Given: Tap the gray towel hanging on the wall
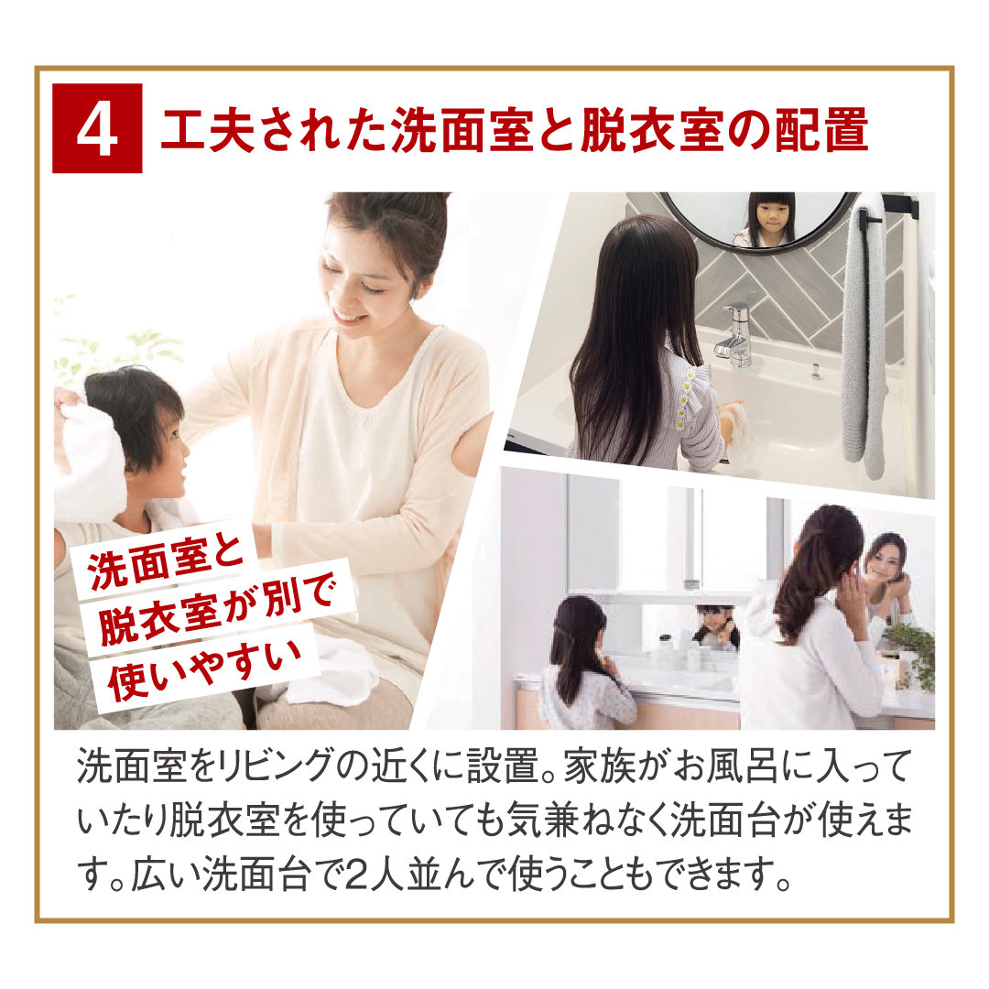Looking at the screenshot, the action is pos(864,341).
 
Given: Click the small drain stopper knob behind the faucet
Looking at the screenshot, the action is pos(815,371).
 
